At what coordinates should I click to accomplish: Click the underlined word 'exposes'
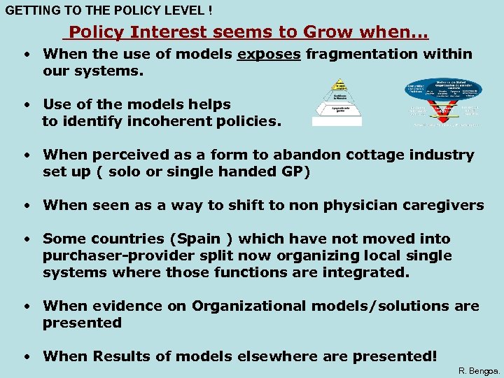269,55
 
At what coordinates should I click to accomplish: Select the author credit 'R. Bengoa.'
479,370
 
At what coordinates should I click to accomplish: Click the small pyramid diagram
338,101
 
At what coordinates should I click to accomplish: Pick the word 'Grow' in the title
328,32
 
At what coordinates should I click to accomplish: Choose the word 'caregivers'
443,206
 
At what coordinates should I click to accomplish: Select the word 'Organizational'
248,307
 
